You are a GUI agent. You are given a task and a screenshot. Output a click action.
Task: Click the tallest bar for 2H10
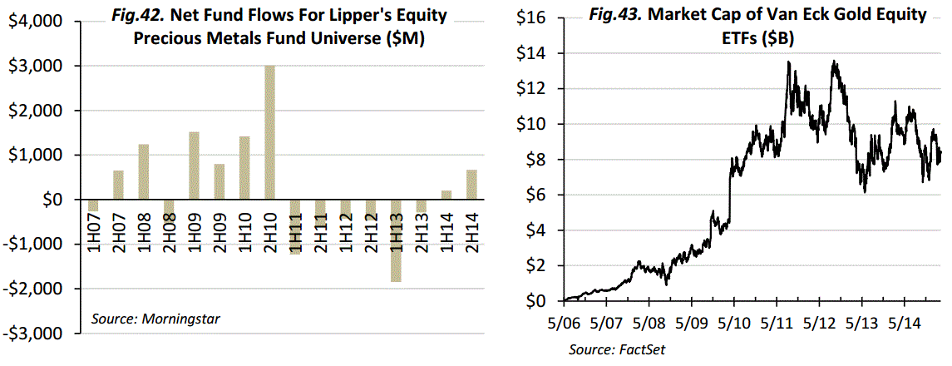(x=270, y=132)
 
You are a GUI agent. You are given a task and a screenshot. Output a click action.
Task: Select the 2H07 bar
(x=118, y=185)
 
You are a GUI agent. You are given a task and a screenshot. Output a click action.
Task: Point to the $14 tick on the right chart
(x=537, y=53)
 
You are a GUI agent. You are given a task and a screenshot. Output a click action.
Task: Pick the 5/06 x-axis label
(x=565, y=321)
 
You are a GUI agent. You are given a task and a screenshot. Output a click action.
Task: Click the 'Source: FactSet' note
(x=617, y=350)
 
